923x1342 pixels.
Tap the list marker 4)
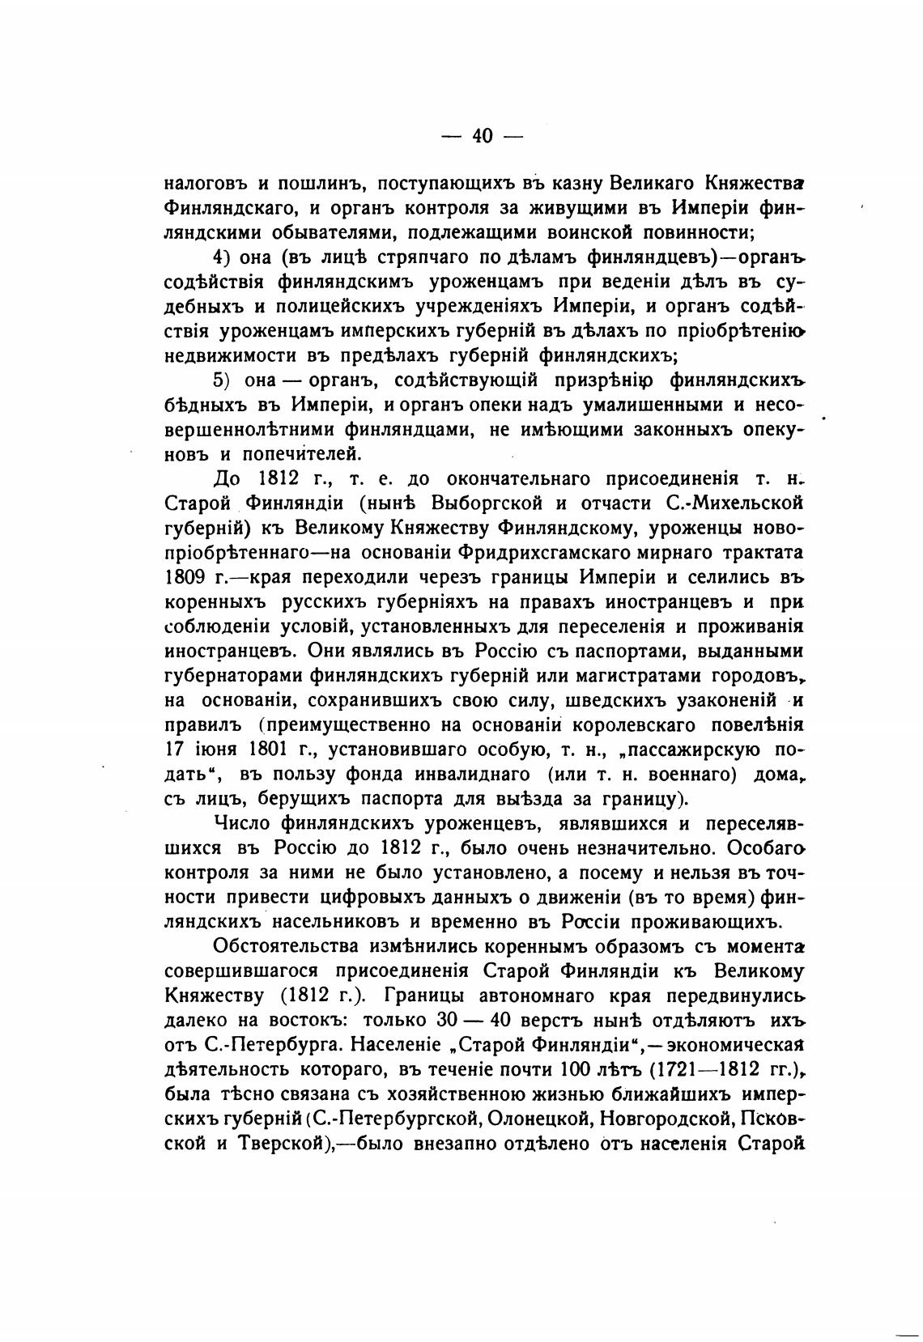tap(223, 257)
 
